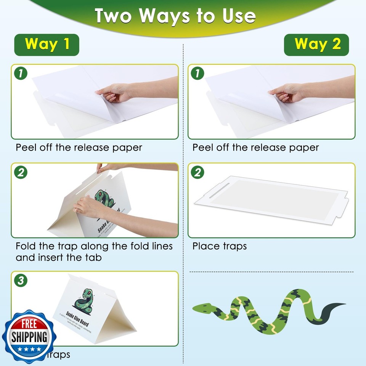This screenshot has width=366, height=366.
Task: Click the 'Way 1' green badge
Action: tap(47, 45)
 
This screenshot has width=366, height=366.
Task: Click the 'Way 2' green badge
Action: tap(316, 45)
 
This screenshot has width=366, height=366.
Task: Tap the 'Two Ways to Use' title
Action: tap(175, 16)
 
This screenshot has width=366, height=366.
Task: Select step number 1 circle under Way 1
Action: tap(20, 73)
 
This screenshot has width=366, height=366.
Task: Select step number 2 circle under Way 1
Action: tap(21, 172)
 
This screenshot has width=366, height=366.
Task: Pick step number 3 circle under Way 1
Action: tap(21, 281)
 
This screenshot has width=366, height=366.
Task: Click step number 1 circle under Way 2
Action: tap(197, 73)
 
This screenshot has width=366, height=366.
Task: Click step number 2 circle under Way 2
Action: tap(197, 172)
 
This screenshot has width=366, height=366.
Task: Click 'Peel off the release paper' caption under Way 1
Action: tap(79, 148)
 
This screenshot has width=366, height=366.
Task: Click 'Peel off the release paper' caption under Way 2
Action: tap(255, 148)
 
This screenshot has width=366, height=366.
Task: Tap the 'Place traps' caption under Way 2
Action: tap(219, 246)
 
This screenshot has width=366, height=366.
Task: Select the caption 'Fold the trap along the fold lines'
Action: tap(94, 246)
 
